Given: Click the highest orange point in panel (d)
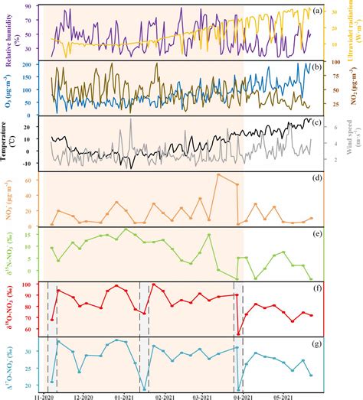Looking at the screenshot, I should (x=218, y=174).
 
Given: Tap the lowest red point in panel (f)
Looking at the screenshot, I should (x=238, y=334).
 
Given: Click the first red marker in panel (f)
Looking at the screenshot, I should (x=51, y=319).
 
